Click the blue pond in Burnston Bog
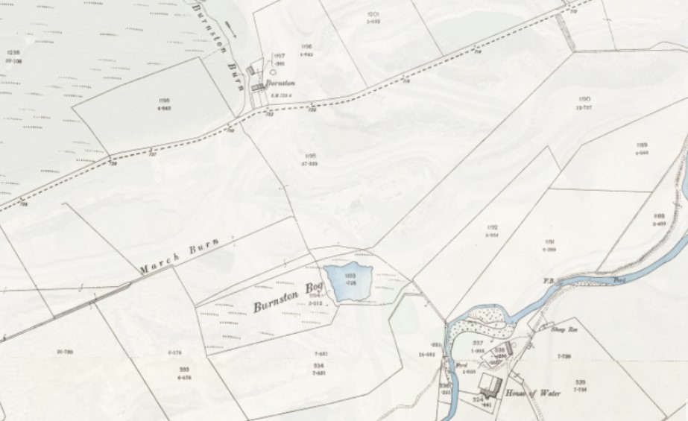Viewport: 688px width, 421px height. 347,283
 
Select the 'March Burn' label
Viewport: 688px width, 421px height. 179,256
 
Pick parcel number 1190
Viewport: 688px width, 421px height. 584,99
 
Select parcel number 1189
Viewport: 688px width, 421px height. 641,145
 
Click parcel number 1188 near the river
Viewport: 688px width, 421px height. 658,216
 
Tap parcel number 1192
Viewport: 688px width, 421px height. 492,227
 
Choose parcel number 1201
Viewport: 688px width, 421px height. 373,14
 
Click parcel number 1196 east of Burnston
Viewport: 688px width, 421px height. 306,46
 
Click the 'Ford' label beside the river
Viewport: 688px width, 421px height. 462,365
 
